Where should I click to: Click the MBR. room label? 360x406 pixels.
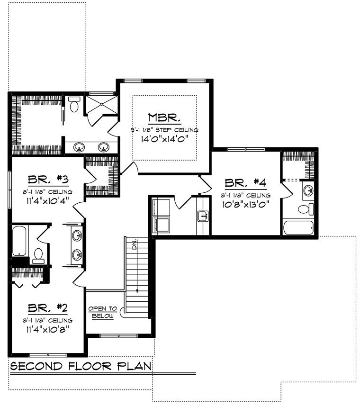[164, 118]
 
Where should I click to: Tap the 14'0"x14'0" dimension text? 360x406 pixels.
[164, 139]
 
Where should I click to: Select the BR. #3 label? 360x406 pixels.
[48, 179]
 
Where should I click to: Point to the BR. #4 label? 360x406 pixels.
[246, 183]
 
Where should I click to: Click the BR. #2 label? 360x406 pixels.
[48, 308]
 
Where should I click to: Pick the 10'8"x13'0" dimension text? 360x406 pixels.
[246, 205]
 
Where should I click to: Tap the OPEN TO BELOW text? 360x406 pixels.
[103, 312]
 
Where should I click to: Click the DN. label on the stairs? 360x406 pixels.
[135, 244]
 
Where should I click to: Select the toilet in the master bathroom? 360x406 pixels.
[74, 104]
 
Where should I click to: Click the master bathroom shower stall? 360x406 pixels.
[102, 104]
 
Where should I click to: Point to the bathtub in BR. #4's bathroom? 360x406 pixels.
[298, 227]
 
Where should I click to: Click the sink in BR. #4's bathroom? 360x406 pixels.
[308, 190]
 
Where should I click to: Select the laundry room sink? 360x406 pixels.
[203, 216]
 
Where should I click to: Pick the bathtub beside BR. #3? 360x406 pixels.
[19, 241]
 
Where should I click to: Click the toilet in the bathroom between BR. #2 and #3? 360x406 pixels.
[38, 256]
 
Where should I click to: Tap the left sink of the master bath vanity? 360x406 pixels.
[79, 147]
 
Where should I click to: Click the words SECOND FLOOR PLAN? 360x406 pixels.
[81, 366]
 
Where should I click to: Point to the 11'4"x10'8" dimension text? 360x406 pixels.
[48, 329]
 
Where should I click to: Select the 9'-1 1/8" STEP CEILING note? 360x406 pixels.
[164, 130]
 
